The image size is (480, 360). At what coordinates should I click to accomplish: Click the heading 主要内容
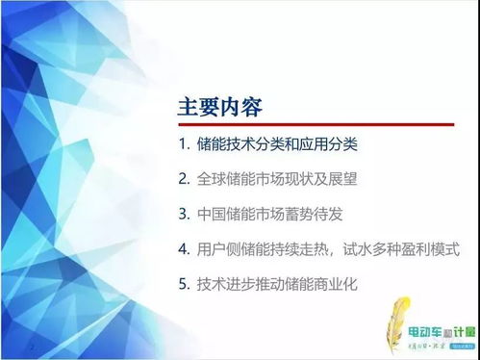coord(220,106)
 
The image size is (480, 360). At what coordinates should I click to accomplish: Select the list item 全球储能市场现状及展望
coord(274,178)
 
